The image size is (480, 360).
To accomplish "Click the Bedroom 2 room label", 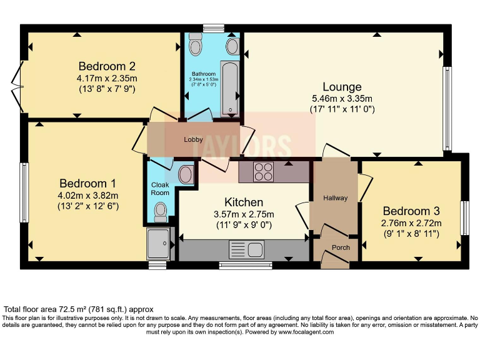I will pyautogui.click(x=107, y=66).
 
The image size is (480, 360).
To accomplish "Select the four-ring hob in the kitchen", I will pyautogui.click(x=262, y=171).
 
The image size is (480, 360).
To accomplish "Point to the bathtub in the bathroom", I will pyautogui.click(x=231, y=89).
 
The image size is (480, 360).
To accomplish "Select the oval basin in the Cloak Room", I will pyautogui.click(x=186, y=174).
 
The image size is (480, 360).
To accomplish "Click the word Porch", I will pyautogui.click(x=341, y=247).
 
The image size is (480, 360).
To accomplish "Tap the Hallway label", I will pyautogui.click(x=335, y=198).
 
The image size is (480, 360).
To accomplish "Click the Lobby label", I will pyautogui.click(x=192, y=139).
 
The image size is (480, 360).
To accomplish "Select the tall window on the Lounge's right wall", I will pyautogui.click(x=447, y=108).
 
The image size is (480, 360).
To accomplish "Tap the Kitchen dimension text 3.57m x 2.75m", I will pyautogui.click(x=244, y=214).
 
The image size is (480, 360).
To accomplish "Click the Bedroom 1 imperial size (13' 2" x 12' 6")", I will pyautogui.click(x=88, y=206).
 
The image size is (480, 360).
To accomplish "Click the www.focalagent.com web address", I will pyautogui.click(x=301, y=332).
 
